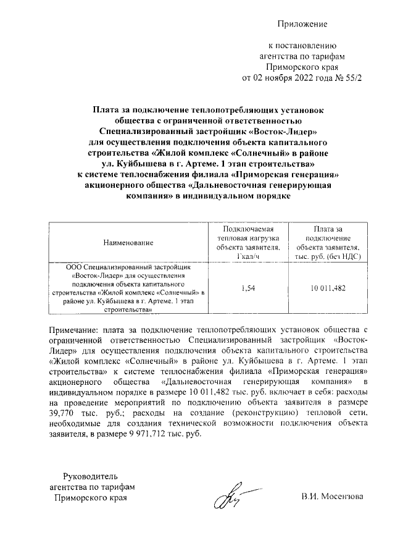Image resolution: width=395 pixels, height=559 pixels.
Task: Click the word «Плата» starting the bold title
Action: tap(106, 109)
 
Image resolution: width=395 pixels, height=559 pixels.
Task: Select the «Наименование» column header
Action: tap(128, 243)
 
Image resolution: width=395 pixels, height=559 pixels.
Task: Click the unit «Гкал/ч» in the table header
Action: tap(249, 256)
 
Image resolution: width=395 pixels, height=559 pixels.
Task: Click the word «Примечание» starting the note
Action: tap(78, 328)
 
